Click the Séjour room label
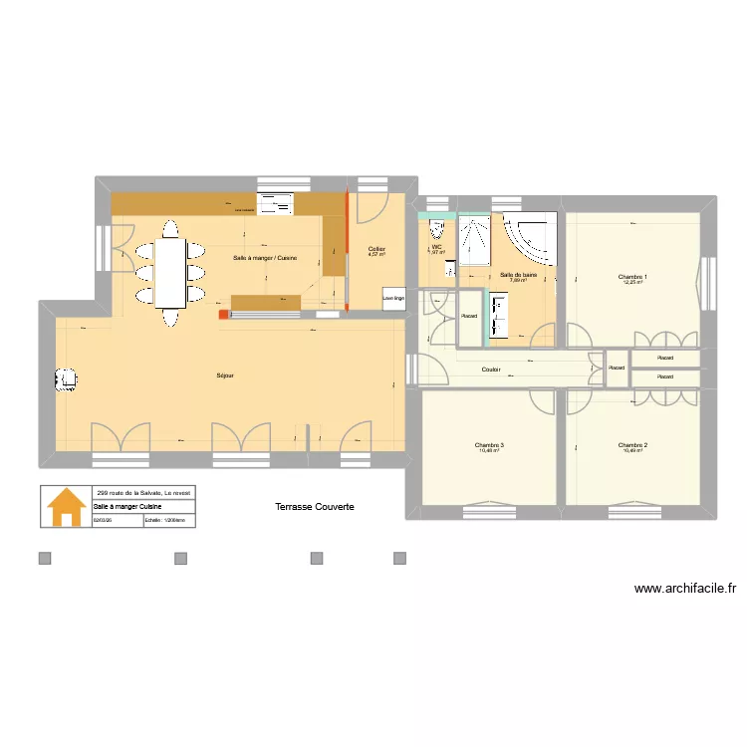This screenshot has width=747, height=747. pyautogui.click(x=224, y=375)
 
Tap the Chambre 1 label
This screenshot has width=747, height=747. pyautogui.click(x=632, y=276)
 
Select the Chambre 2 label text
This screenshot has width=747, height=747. pyautogui.click(x=632, y=444)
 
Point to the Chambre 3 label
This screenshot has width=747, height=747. pyautogui.click(x=489, y=444)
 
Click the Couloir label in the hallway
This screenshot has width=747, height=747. pyautogui.click(x=490, y=370)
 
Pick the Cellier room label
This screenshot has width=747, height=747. pyautogui.click(x=376, y=248)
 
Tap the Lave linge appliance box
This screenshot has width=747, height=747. pyautogui.click(x=393, y=298)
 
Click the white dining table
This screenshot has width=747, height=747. pyautogui.click(x=171, y=273)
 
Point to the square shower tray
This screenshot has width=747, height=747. pyautogui.click(x=475, y=240)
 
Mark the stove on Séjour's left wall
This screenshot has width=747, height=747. pyautogui.click(x=66, y=378)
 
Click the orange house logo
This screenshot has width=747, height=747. pyautogui.click(x=66, y=506)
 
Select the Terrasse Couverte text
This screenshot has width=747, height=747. pyautogui.click(x=315, y=507)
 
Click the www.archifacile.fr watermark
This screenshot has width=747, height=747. pyautogui.click(x=684, y=589)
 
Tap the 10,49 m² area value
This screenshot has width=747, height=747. pyautogui.click(x=632, y=451)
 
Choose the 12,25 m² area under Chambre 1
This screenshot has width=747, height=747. pyautogui.click(x=632, y=283)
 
